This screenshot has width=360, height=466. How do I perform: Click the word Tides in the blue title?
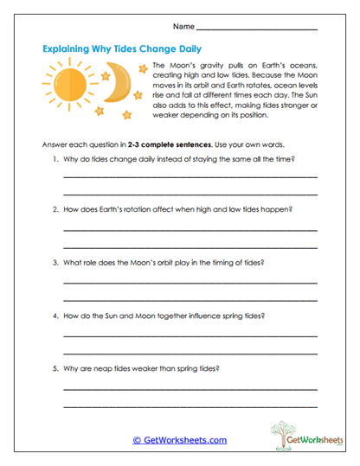(137, 49)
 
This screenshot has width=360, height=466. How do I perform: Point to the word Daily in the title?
(195, 49)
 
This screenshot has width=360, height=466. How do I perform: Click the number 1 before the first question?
(55, 160)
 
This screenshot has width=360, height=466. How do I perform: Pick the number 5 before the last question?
(55, 368)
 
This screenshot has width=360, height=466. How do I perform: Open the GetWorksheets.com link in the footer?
(179, 440)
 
